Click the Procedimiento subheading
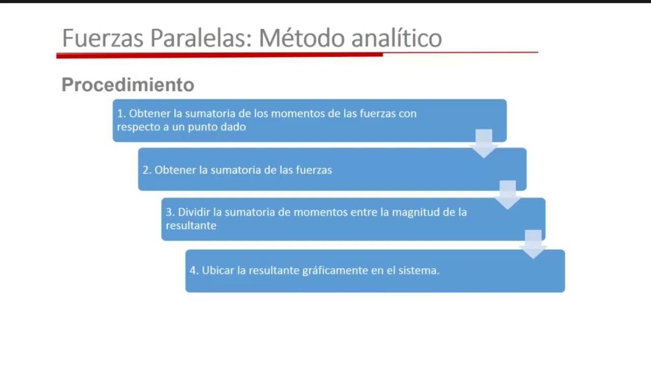(x=128, y=84)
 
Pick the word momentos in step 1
(x=300, y=113)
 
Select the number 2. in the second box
(x=147, y=170)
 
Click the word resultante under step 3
(x=191, y=225)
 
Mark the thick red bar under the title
(x=219, y=55)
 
